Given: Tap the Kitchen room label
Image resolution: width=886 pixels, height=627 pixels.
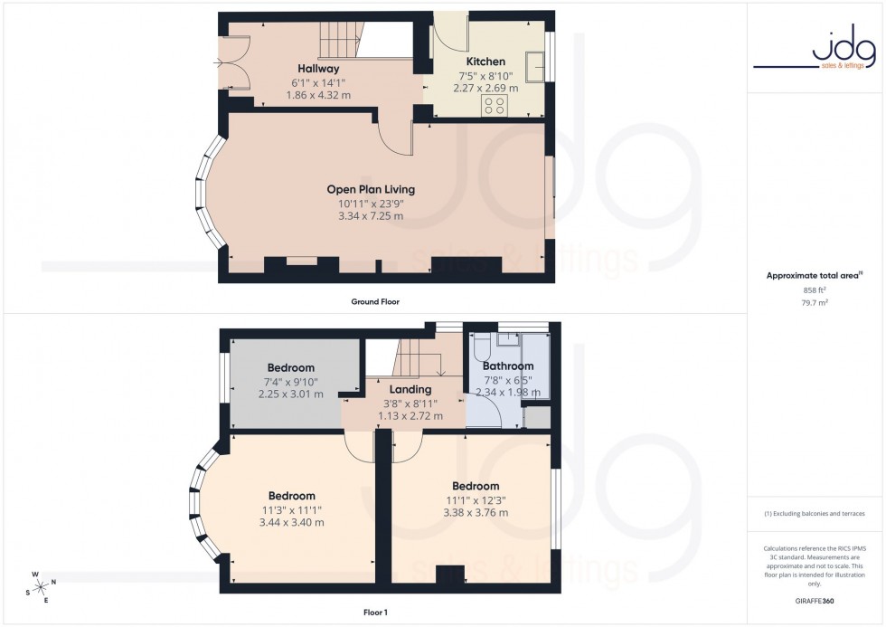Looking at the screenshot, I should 485,62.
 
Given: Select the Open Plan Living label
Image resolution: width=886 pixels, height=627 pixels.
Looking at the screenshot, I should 371,189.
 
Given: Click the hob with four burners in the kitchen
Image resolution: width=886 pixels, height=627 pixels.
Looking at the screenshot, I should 495,105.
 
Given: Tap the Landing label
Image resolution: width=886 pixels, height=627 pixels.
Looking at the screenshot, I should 403,390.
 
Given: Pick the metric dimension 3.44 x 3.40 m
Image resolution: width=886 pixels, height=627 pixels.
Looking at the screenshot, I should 291,522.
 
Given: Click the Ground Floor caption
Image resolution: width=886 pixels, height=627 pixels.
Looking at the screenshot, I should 374,301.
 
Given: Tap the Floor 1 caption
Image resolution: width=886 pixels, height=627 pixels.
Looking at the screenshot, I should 374,613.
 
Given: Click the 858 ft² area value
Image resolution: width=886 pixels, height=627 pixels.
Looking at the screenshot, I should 815,290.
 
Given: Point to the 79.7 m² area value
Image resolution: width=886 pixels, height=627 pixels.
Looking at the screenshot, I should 815,303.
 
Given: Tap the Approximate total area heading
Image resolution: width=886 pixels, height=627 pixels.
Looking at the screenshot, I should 813,275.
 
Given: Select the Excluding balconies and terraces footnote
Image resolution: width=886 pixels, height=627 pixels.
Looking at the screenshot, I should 815,513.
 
